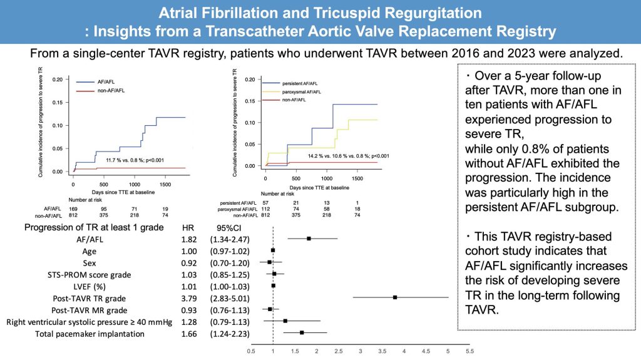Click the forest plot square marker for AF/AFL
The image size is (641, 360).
(309, 239)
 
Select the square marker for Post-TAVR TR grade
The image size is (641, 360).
(395, 297)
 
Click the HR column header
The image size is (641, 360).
(188, 227)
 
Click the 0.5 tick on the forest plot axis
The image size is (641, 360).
(251, 352)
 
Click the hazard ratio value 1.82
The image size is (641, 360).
(188, 239)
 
